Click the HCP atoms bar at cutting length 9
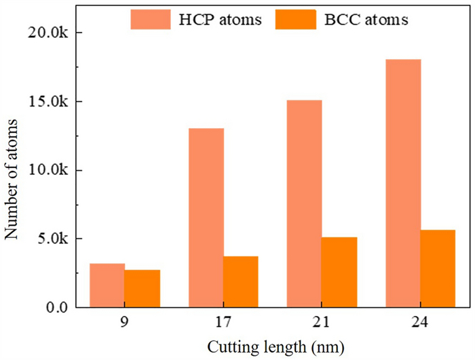coord(107,285)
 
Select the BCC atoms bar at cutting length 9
coord(142,289)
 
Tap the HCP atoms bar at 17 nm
coord(206,218)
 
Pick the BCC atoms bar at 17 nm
coord(241,281)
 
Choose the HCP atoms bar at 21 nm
coord(305,203)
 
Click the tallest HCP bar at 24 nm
coord(403,183)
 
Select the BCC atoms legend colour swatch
coord(296,20)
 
